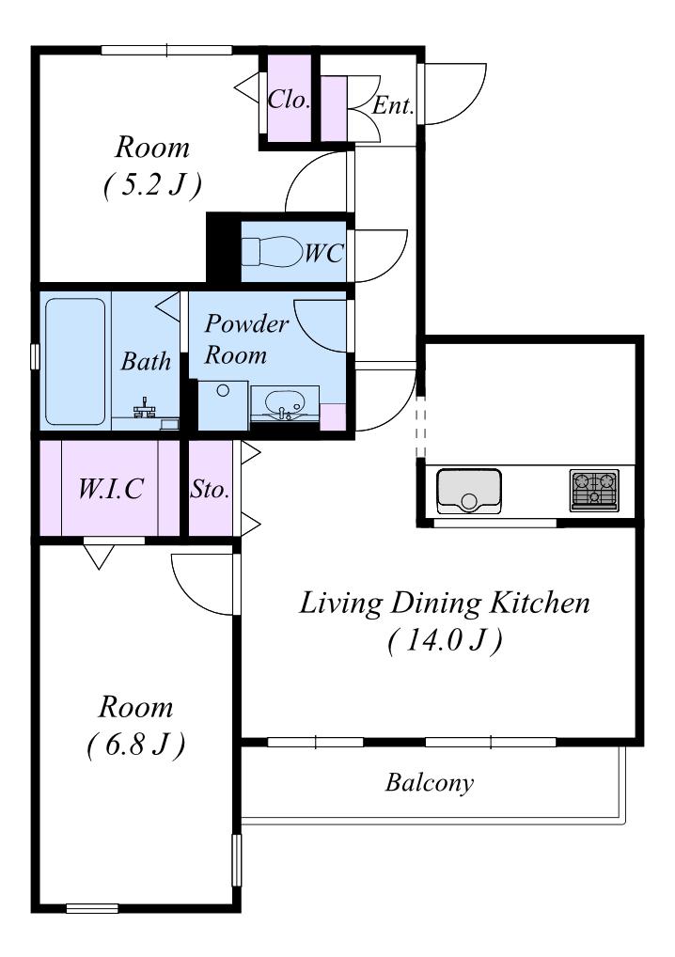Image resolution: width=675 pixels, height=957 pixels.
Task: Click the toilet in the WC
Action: [273, 251]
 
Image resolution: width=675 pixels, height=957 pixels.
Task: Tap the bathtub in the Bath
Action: [75, 361]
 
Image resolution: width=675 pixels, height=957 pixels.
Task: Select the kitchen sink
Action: [469, 491]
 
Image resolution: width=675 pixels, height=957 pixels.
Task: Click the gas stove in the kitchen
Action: [594, 490]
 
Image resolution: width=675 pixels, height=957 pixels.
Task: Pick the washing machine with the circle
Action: [224, 405]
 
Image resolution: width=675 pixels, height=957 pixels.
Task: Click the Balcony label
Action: [429, 782]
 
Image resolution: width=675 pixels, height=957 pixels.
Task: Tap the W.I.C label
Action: [111, 488]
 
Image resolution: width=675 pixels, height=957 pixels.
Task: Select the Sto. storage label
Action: [210, 489]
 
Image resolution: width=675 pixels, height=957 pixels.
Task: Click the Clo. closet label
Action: [290, 99]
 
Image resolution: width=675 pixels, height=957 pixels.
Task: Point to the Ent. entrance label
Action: [393, 105]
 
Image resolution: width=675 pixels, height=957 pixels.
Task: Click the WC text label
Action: [324, 252]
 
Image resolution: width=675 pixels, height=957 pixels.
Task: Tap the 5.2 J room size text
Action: [152, 185]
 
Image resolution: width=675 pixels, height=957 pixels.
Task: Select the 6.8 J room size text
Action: [135, 745]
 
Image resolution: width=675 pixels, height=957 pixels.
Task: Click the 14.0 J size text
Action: [445, 640]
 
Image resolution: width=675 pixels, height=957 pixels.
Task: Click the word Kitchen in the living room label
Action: [541, 603]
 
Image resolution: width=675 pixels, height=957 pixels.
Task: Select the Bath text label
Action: [146, 361]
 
